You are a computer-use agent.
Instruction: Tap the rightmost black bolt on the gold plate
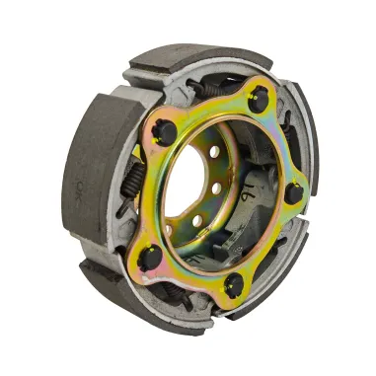[293, 194]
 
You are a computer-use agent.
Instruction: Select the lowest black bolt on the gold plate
[233, 285]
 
